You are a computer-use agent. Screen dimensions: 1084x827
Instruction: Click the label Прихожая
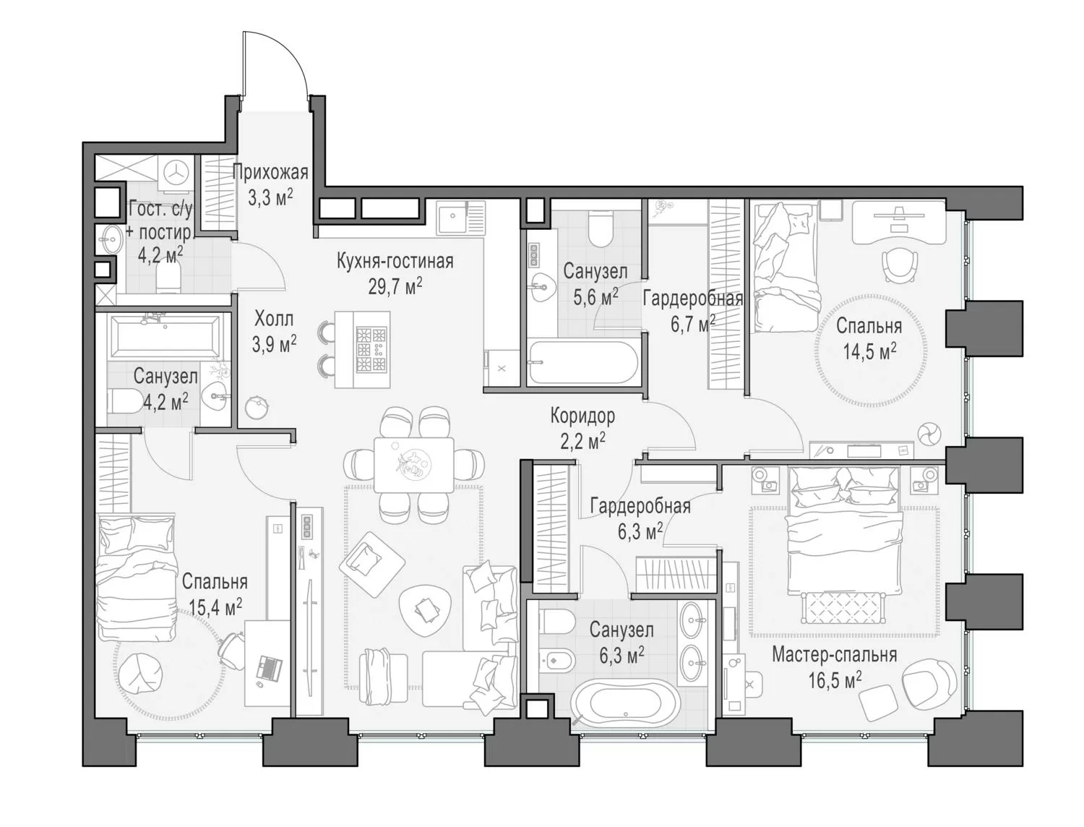pos(270,173)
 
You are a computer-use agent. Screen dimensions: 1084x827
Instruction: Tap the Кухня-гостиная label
pos(395,260)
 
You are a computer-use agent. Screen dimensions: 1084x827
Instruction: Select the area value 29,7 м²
pos(395,286)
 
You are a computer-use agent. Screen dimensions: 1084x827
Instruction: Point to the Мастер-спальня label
pos(834,654)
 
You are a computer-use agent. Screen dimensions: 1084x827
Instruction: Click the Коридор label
pos(582,416)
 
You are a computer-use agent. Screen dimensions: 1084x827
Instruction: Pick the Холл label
pos(274,319)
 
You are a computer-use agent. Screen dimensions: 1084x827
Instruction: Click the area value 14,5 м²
pos(869,352)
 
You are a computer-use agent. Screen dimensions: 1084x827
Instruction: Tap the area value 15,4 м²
pos(215,607)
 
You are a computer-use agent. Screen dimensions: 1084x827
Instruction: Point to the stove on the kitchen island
pos(372,349)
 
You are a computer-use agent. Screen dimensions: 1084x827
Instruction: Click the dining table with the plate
pos(413,464)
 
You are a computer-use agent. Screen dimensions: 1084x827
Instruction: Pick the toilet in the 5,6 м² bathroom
pos(601,228)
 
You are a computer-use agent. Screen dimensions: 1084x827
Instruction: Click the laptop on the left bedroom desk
pos(270,667)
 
